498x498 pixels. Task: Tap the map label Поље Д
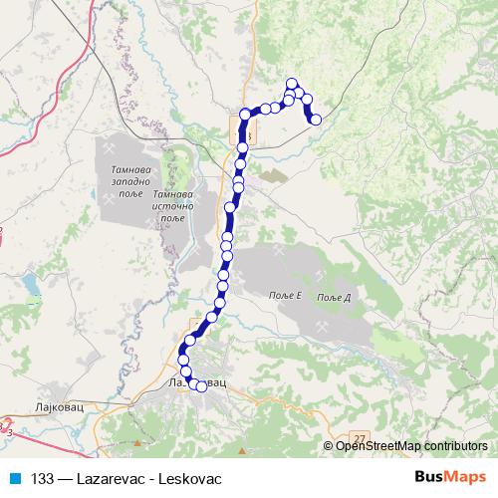336,297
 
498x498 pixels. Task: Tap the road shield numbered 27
360,438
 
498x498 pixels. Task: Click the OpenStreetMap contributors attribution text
411,446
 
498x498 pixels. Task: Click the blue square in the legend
16,478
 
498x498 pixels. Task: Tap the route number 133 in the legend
44,478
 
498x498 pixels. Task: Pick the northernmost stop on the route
292,84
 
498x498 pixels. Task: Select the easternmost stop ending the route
316,120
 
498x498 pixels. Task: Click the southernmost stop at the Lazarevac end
202,386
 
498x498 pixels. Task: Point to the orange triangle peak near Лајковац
149,442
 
